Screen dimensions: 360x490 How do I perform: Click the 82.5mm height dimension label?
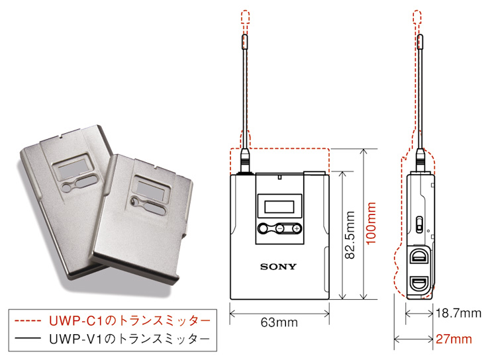pos(351,236)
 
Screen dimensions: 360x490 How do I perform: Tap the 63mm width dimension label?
pos(279,322)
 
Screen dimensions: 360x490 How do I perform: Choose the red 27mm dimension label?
pos(454,339)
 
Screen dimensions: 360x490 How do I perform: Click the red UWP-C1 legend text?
pos(130,320)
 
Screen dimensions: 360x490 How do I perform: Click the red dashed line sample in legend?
pos(29,321)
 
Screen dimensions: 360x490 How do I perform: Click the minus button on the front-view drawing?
pos(281,228)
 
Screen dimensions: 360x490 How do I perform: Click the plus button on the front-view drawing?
pos(295,228)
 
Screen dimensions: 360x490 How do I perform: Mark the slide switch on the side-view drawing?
pos(420,223)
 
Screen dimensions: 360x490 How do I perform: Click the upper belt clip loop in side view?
pos(420,257)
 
